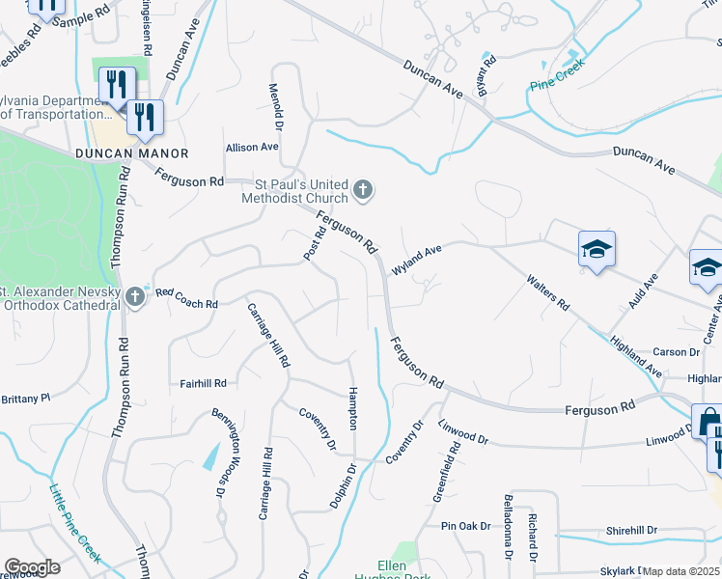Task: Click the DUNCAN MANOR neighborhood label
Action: pyautogui.click(x=132, y=153)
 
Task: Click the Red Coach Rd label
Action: pyautogui.click(x=186, y=297)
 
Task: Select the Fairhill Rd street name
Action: pyautogui.click(x=203, y=383)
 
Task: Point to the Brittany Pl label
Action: pyautogui.click(x=25, y=398)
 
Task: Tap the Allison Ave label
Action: pyautogui.click(x=251, y=147)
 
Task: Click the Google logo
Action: pyautogui.click(x=32, y=567)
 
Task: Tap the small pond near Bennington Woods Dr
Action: pyautogui.click(x=210, y=457)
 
